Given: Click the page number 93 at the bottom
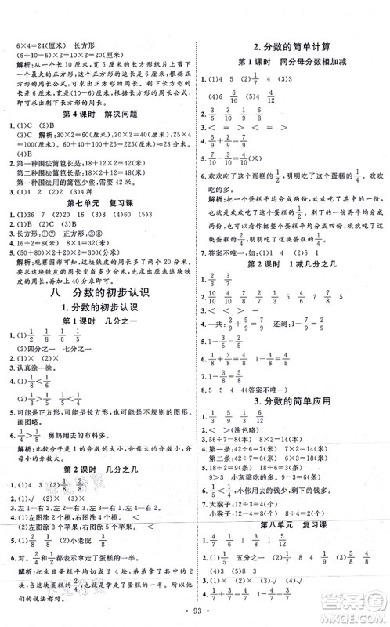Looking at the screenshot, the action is point(194,610).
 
